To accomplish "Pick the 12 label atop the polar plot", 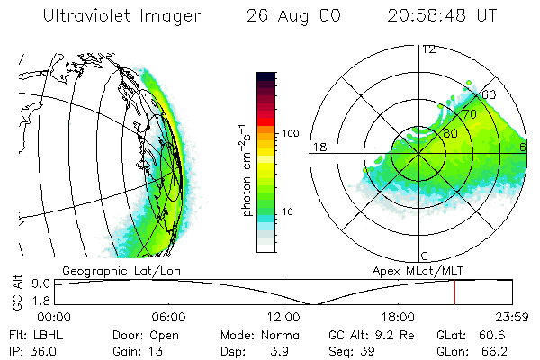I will click(x=429, y=49).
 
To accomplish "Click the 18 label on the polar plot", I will click(x=318, y=147).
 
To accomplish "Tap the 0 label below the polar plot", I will click(x=424, y=256).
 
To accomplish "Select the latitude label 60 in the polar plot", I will click(x=490, y=94).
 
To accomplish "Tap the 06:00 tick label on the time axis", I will click(x=168, y=317).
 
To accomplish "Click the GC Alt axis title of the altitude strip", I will click(x=15, y=294).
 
